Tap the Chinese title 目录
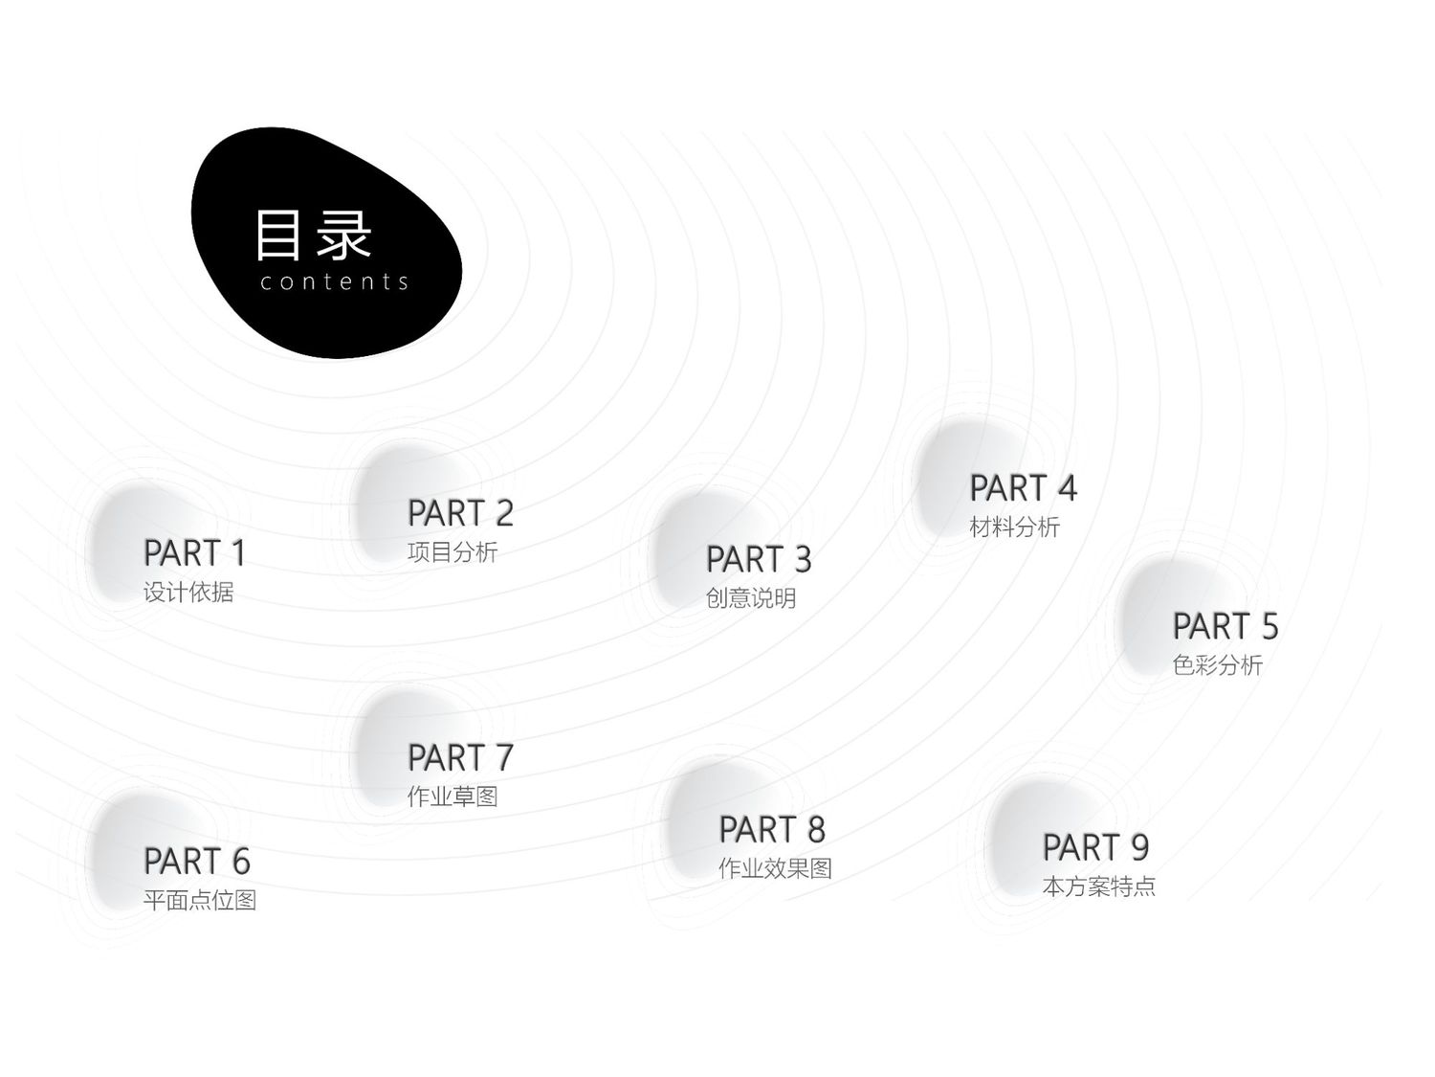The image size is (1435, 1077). pyautogui.click(x=313, y=236)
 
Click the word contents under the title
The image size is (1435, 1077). pyautogui.click(x=334, y=281)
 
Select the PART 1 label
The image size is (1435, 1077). pyautogui.click(x=194, y=553)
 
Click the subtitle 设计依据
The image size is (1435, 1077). pyautogui.click(x=188, y=593)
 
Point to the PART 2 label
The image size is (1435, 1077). pyautogui.click(x=460, y=513)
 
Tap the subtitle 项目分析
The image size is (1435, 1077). pyautogui.click(x=453, y=552)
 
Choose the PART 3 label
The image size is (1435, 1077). pyautogui.click(x=759, y=560)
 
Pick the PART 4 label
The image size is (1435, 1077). pyautogui.click(x=1023, y=488)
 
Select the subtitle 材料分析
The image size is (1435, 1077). pyautogui.click(x=1015, y=527)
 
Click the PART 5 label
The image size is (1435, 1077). pyautogui.click(x=1225, y=626)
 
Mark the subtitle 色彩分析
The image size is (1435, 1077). pyautogui.click(x=1217, y=665)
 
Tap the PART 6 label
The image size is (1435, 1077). pyautogui.click(x=197, y=862)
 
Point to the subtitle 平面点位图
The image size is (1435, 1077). pyautogui.click(x=200, y=901)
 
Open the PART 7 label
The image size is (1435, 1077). pyautogui.click(x=460, y=758)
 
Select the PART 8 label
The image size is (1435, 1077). pyautogui.click(x=772, y=830)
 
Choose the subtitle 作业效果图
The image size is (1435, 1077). pyautogui.click(x=775, y=869)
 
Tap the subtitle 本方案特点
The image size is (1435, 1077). pyautogui.click(x=1099, y=886)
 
